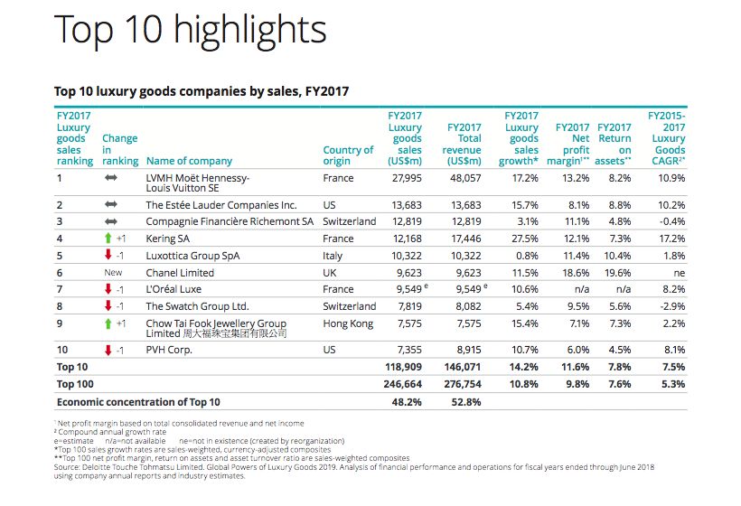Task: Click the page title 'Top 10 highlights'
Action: [x=190, y=30]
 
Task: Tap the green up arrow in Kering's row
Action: [x=108, y=239]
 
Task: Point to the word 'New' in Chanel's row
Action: [x=113, y=273]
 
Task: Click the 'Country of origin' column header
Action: [x=348, y=155]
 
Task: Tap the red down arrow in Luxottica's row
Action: [x=108, y=256]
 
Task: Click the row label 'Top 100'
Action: [x=77, y=384]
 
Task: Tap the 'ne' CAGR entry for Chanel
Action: [x=678, y=273]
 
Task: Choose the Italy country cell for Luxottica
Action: [x=334, y=256]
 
